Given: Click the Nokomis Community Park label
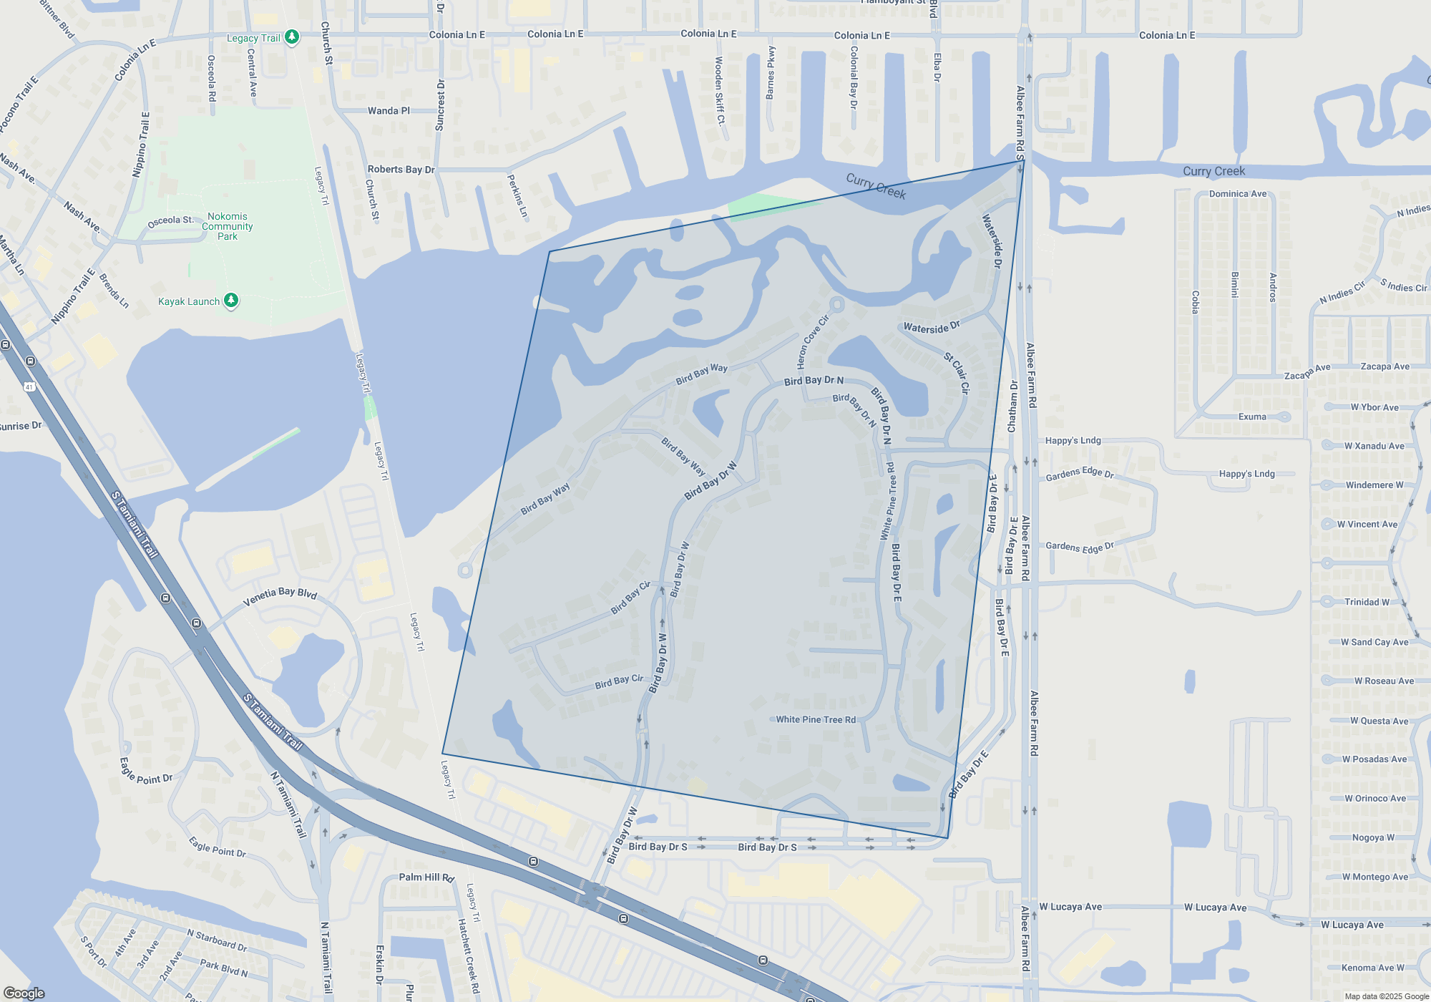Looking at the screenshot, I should (x=228, y=226).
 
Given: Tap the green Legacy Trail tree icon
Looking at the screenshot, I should (x=292, y=37).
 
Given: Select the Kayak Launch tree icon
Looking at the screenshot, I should (x=231, y=301).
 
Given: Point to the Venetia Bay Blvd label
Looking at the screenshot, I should (x=280, y=596).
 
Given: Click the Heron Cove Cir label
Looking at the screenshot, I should (x=812, y=341).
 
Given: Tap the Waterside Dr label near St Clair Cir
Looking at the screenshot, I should (x=931, y=327).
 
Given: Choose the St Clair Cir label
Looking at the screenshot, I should (x=957, y=373).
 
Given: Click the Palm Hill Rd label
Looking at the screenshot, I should (x=426, y=877).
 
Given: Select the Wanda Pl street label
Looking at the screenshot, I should (x=389, y=111).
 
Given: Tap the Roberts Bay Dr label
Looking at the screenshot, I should (x=401, y=170).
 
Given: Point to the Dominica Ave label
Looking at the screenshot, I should (x=1238, y=194).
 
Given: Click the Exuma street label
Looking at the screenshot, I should (x=1252, y=417).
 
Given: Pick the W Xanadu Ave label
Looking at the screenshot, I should (x=1374, y=446).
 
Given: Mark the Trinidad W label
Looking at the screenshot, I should (x=1367, y=602).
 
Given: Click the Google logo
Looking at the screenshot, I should (x=24, y=993).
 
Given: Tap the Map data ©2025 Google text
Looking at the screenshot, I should (x=1387, y=996).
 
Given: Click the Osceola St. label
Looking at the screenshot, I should (x=170, y=221).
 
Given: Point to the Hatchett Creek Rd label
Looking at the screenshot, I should (x=469, y=956).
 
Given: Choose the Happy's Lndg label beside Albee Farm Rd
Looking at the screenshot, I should (x=1073, y=441).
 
